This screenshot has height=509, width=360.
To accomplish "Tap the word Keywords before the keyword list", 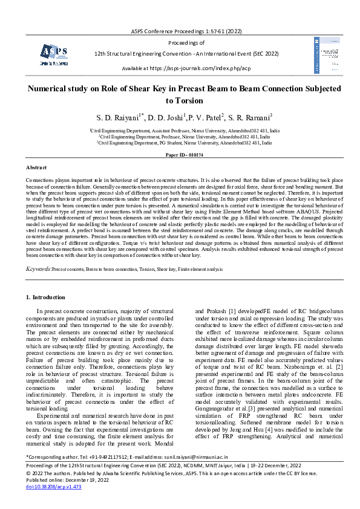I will click(38, 266).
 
